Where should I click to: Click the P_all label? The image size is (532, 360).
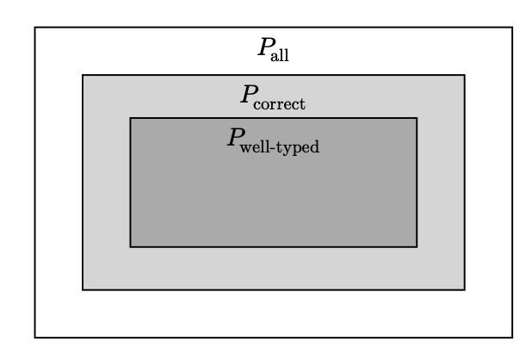point(273,50)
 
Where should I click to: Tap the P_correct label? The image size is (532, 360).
point(273,97)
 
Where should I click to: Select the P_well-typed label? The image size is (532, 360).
point(273,141)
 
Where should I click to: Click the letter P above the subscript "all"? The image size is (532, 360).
point(265,48)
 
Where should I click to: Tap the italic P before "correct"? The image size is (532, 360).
point(248,96)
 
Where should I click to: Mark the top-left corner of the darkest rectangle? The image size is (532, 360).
point(130,118)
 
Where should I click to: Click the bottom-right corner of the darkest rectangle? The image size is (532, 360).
point(417,246)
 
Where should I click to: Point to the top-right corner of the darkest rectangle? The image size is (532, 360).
point(417,118)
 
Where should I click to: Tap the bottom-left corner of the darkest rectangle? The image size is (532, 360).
point(130,246)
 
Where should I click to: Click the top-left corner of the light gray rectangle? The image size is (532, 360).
point(83,75)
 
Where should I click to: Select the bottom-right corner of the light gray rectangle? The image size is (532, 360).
point(465,289)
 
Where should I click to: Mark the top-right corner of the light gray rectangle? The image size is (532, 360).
point(465,75)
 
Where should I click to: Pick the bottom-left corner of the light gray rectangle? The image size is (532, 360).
point(83,289)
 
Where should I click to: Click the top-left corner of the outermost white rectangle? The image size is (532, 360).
point(35,28)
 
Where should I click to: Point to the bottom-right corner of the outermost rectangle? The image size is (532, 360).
point(512,337)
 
